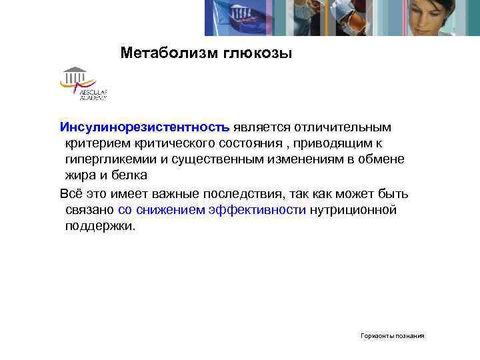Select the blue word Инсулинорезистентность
coord(145,127)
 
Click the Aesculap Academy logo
coord(83,84)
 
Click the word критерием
coord(95,143)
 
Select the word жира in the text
coord(80,175)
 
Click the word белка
coord(130,175)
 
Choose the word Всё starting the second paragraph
coord(71,194)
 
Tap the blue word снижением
coord(173,210)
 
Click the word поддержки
coord(100,226)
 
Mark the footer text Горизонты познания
coord(393,336)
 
